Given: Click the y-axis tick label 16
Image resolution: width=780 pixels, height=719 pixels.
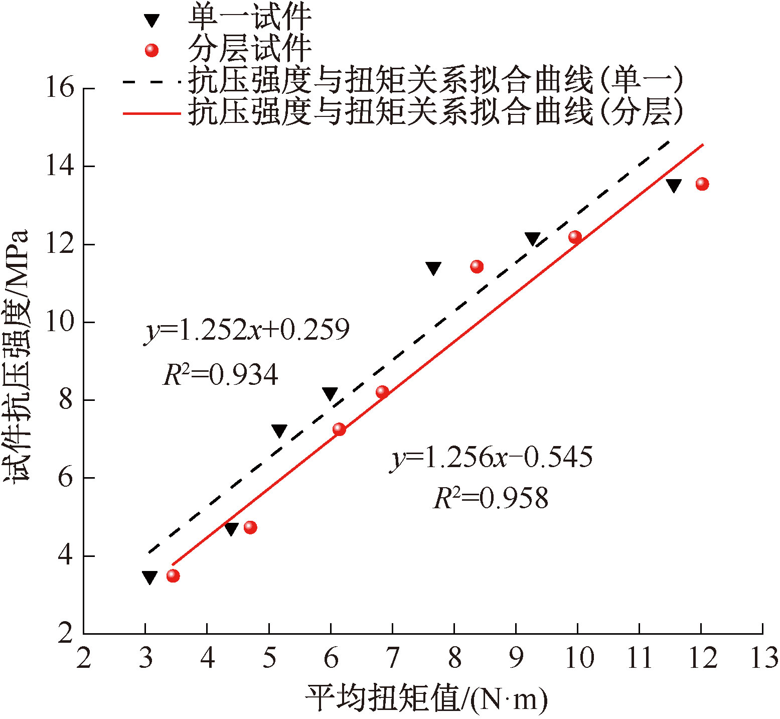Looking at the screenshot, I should point(59,88).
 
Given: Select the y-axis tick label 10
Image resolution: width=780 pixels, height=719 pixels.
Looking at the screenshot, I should point(59,322).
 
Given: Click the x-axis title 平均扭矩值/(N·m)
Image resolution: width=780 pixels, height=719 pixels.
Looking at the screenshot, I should point(426,698).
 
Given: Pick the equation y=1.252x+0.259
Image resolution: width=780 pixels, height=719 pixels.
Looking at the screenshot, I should point(247,331).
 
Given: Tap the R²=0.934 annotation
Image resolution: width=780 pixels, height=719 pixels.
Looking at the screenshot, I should point(221,374).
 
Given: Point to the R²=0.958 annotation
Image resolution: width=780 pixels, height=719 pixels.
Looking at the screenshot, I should point(491,499).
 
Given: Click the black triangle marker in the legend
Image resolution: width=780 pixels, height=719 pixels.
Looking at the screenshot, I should point(151,21).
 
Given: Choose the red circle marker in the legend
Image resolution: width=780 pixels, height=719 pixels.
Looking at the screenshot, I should point(151,50).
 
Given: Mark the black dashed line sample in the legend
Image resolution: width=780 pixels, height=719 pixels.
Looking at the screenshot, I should point(151,81).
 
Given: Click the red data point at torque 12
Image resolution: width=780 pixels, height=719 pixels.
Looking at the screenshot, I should point(702,184).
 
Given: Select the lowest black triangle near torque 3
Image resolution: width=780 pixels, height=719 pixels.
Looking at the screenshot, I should point(149,577).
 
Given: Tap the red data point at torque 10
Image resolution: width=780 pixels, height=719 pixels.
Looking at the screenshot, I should point(575,237).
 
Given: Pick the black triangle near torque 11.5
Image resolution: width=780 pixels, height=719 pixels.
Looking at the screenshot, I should point(673,185).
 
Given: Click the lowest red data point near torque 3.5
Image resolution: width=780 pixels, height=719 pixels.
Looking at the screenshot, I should point(173,576).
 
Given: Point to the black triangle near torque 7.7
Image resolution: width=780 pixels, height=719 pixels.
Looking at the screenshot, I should point(433,268).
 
